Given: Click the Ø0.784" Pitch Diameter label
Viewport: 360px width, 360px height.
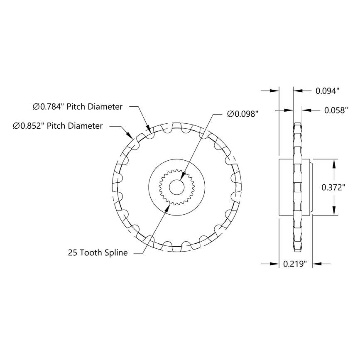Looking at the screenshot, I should [78, 107].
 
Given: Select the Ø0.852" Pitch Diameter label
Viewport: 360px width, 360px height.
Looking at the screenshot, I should [58, 125].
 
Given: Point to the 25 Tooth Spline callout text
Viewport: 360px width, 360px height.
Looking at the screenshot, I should [98, 252].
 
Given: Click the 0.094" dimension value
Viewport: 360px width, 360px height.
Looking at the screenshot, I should [328, 90].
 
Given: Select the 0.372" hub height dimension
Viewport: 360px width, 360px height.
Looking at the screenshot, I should [334, 187].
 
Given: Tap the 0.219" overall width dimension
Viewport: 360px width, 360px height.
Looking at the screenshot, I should [295, 263].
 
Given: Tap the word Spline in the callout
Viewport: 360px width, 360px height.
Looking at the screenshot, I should [117, 252].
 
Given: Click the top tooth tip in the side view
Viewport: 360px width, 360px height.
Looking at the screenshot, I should [298, 124].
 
